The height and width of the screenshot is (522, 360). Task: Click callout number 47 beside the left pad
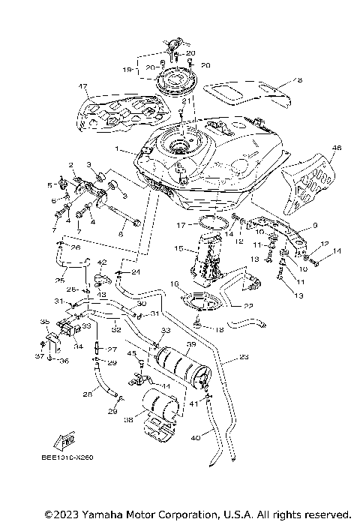pyautogui.click(x=83, y=87)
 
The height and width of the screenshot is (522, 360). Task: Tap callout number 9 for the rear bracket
pyautogui.click(x=315, y=224)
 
